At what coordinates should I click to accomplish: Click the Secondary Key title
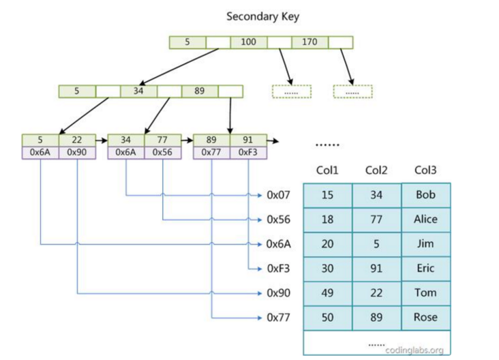click(x=262, y=16)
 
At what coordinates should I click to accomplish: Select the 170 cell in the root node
click(x=309, y=42)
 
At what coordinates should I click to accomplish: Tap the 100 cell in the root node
click(x=248, y=42)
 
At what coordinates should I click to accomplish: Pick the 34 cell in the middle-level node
click(x=138, y=91)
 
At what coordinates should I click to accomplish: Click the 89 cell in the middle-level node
click(x=199, y=91)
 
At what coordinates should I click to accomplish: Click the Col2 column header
click(x=376, y=170)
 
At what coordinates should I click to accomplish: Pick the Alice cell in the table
click(x=425, y=220)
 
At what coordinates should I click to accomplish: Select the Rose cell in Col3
click(x=425, y=318)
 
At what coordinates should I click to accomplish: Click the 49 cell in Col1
click(x=327, y=293)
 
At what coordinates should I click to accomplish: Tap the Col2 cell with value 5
click(x=376, y=244)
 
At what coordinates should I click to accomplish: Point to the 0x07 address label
click(x=278, y=195)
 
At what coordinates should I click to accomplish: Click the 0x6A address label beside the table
click(x=278, y=244)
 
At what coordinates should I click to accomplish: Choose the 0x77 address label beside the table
click(x=278, y=318)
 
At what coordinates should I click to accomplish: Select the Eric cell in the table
click(x=425, y=269)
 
